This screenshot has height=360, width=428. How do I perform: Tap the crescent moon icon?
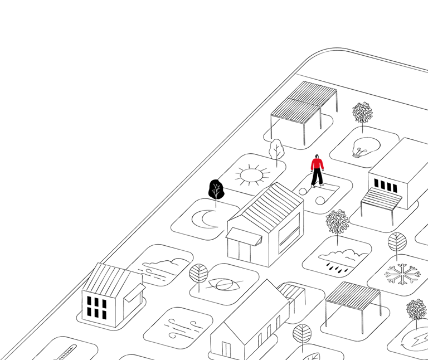tap(205, 218)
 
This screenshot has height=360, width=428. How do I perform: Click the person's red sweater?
tap(317, 164)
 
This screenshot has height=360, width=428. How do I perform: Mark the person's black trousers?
tap(317, 178)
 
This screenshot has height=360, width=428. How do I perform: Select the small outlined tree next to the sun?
tap(276, 149)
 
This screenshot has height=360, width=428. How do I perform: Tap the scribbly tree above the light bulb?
tap(362, 113)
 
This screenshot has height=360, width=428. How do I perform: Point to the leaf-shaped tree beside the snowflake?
tap(397, 243)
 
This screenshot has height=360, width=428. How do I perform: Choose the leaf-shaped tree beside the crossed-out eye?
tap(198, 274)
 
